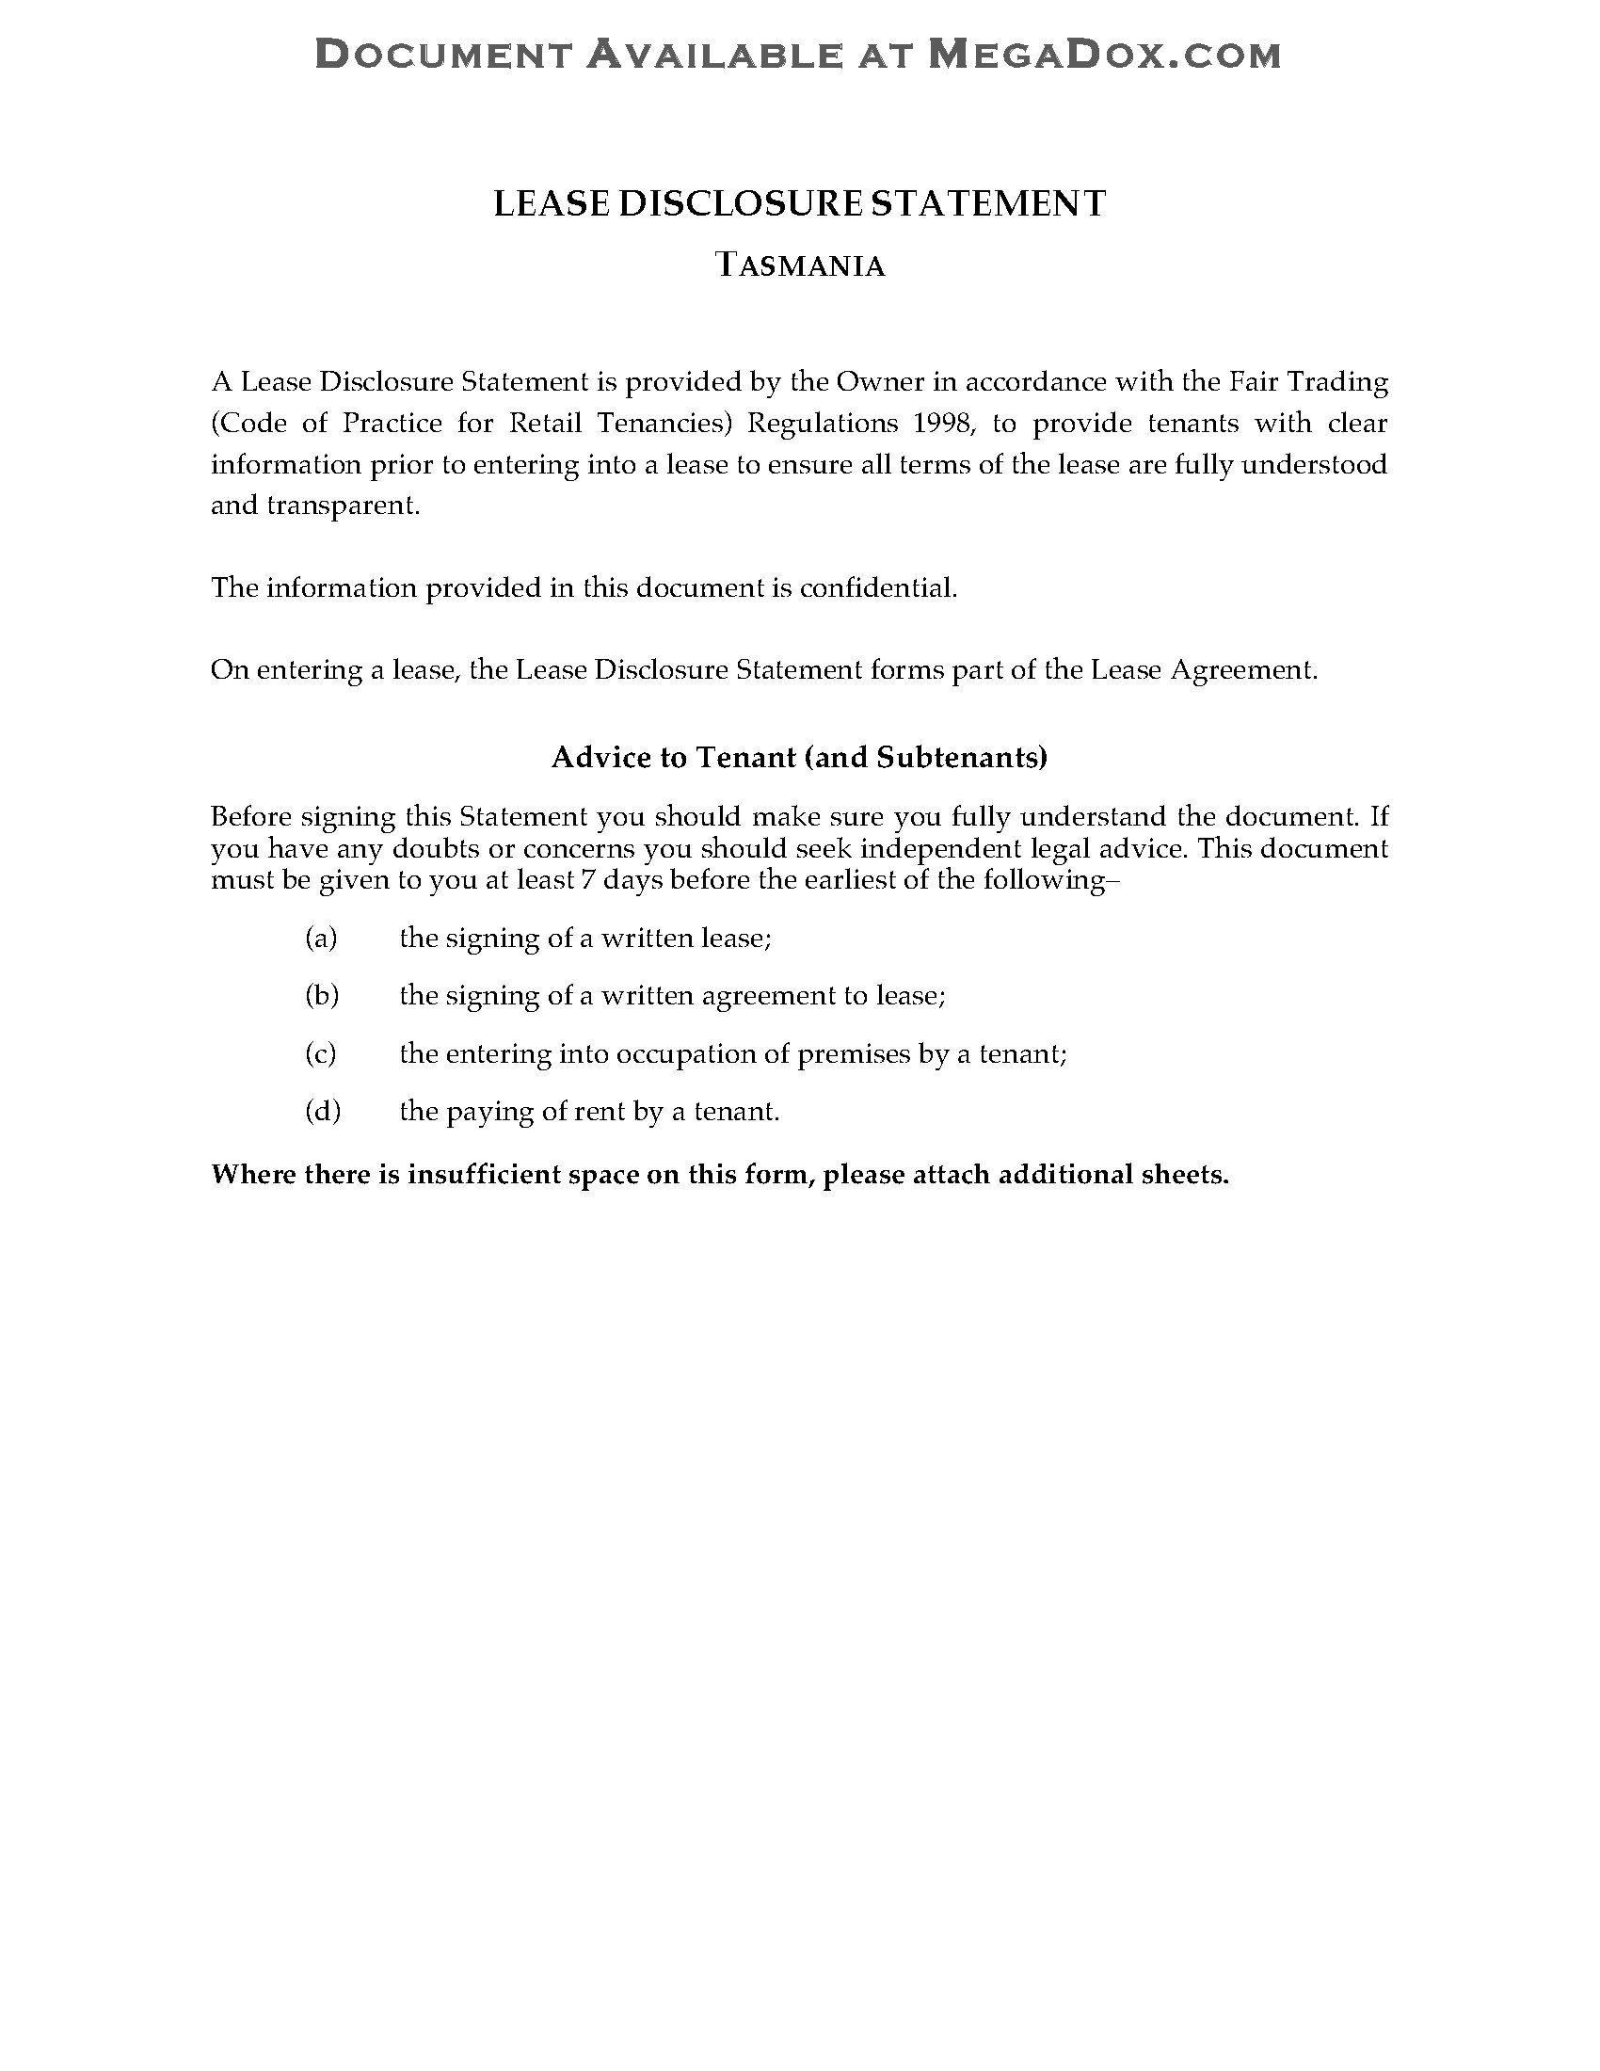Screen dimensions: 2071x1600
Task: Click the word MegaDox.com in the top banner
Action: coord(1103,55)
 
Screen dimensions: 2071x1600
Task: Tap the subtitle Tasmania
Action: coord(800,265)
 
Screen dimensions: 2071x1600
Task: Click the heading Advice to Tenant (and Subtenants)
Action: coord(799,757)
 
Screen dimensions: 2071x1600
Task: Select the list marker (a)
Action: coord(321,938)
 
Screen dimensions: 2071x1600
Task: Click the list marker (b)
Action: coord(321,996)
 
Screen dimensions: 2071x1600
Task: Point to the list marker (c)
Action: coord(321,1053)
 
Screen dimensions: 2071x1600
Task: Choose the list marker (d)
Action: coord(322,1111)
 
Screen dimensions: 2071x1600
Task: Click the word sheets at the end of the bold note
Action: coord(1185,1175)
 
